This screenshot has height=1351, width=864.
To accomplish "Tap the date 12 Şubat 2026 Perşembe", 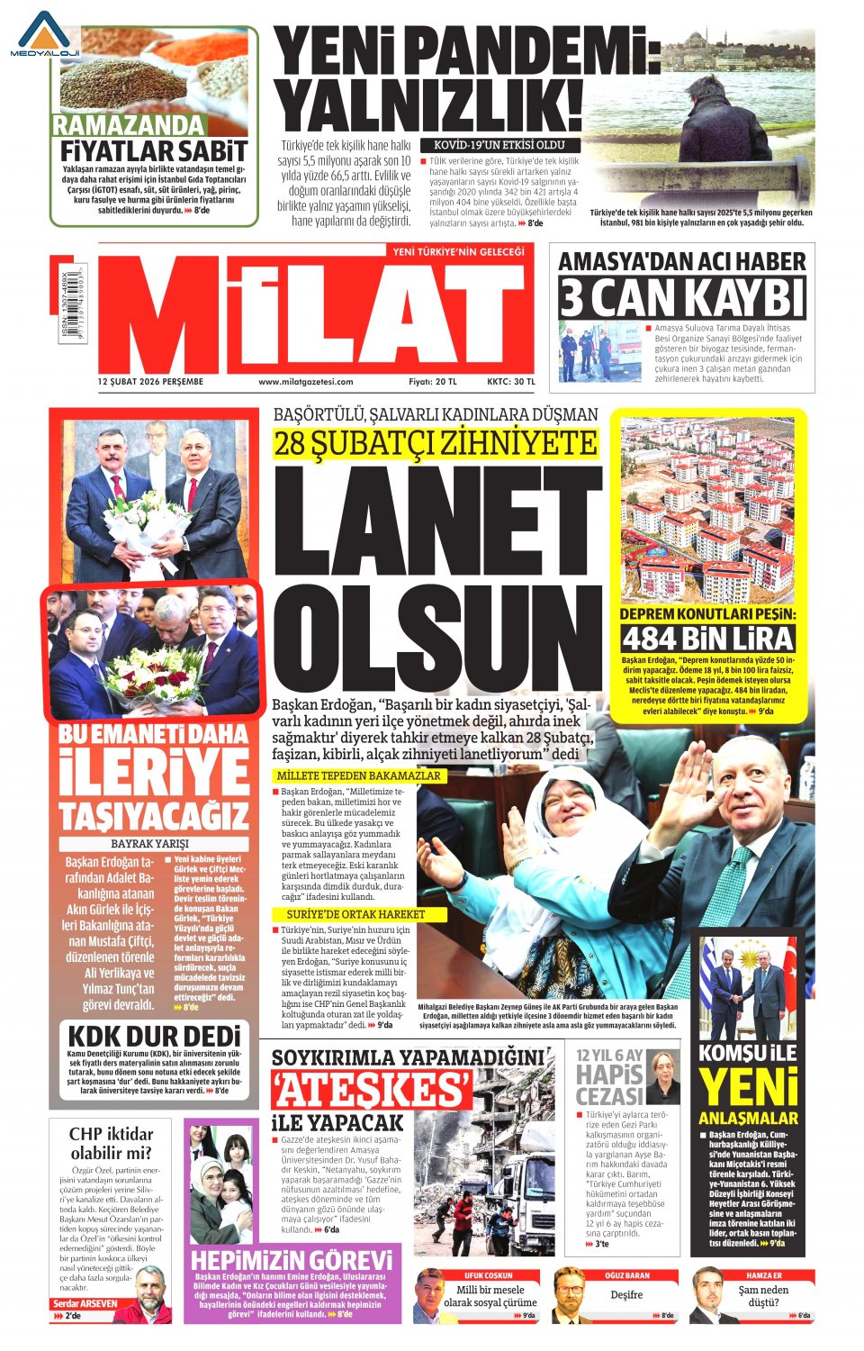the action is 150,382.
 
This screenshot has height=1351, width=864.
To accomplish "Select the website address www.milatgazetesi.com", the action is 306,382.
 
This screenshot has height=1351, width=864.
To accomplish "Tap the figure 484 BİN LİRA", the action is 708,639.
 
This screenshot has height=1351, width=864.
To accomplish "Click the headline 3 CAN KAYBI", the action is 682,298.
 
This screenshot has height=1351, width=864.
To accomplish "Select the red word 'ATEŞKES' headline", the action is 372,1090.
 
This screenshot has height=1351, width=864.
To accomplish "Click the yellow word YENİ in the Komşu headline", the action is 749,1087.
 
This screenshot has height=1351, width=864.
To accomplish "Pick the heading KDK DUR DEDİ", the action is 154,1036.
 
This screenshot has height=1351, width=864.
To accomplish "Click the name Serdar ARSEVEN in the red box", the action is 85,1303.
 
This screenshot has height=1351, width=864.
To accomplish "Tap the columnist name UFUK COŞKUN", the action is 489,1275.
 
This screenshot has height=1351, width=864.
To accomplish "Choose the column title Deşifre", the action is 626,1294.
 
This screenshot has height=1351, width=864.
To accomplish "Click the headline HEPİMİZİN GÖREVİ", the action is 292,1260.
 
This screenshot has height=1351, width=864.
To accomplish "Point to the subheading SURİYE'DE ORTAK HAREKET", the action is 350,914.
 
